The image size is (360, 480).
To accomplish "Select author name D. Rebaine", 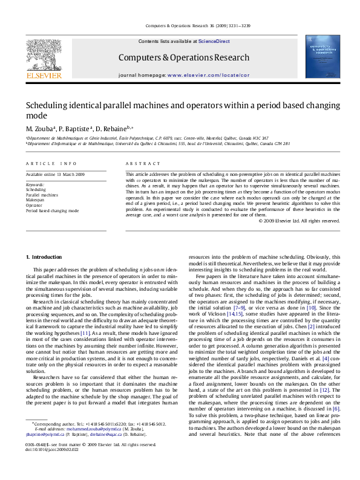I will tap(113, 129).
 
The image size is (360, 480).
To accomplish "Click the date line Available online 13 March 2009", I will tap(55, 174).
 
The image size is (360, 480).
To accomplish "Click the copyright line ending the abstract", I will tap(299, 221).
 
